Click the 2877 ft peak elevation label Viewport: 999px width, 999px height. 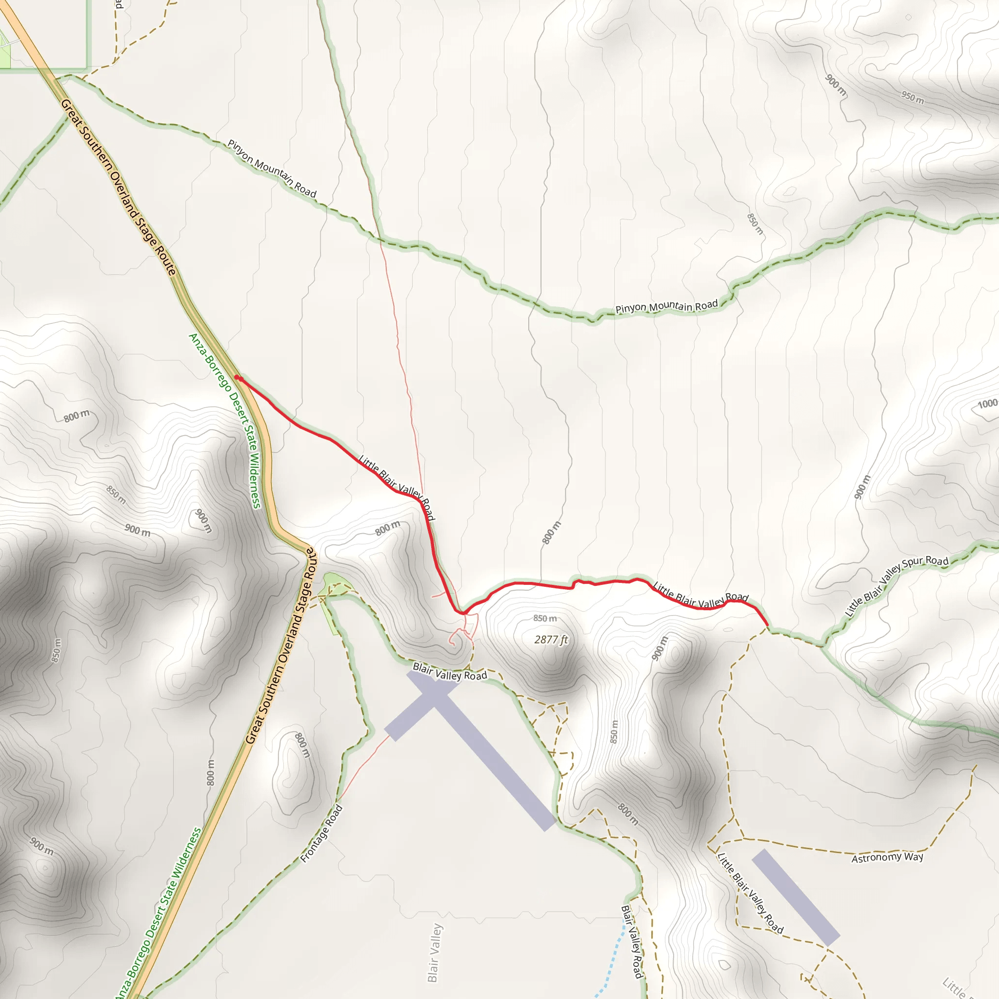[x=551, y=639]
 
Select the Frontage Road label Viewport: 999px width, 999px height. [x=321, y=834]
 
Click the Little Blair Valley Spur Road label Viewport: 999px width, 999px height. [x=896, y=585]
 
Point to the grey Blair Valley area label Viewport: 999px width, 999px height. [x=435, y=953]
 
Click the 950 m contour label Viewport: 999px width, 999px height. [x=912, y=97]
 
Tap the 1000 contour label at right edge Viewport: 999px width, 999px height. [x=987, y=404]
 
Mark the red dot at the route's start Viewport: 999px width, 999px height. [x=238, y=378]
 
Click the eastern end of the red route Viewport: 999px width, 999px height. [x=767, y=626]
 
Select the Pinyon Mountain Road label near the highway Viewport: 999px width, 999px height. [x=272, y=169]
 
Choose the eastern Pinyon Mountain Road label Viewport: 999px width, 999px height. [x=666, y=306]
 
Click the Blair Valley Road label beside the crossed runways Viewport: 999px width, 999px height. [x=450, y=672]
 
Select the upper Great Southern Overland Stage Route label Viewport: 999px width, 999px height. [x=119, y=187]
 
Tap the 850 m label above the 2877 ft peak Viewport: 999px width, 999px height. [x=545, y=619]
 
